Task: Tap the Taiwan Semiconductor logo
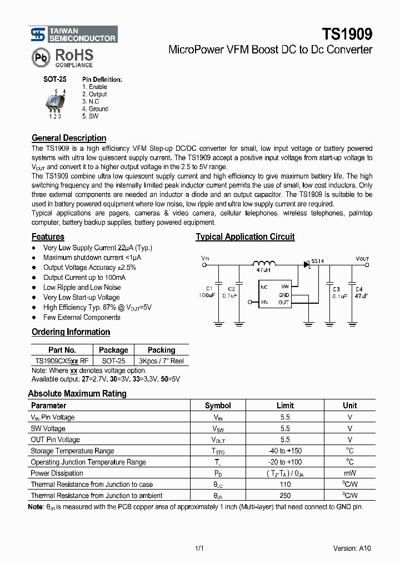pyautogui.click(x=73, y=35)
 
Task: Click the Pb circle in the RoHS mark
pyautogui.click(x=41, y=57)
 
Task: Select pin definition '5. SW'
pyautogui.click(x=91, y=116)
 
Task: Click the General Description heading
pyautogui.click(x=69, y=138)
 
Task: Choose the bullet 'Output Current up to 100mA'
pyautogui.click(x=84, y=277)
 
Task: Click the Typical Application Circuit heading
pyautogui.click(x=245, y=237)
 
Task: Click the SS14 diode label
pyautogui.click(x=317, y=261)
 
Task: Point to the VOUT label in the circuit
pyautogui.click(x=362, y=259)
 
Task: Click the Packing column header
pyautogui.click(x=161, y=350)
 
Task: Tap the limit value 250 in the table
pyautogui.click(x=285, y=495)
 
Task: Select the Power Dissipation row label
pyautogui.click(x=57, y=473)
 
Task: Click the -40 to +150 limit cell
pyautogui.click(x=285, y=451)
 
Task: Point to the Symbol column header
pyautogui.click(x=218, y=406)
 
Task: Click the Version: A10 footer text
pyautogui.click(x=352, y=547)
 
